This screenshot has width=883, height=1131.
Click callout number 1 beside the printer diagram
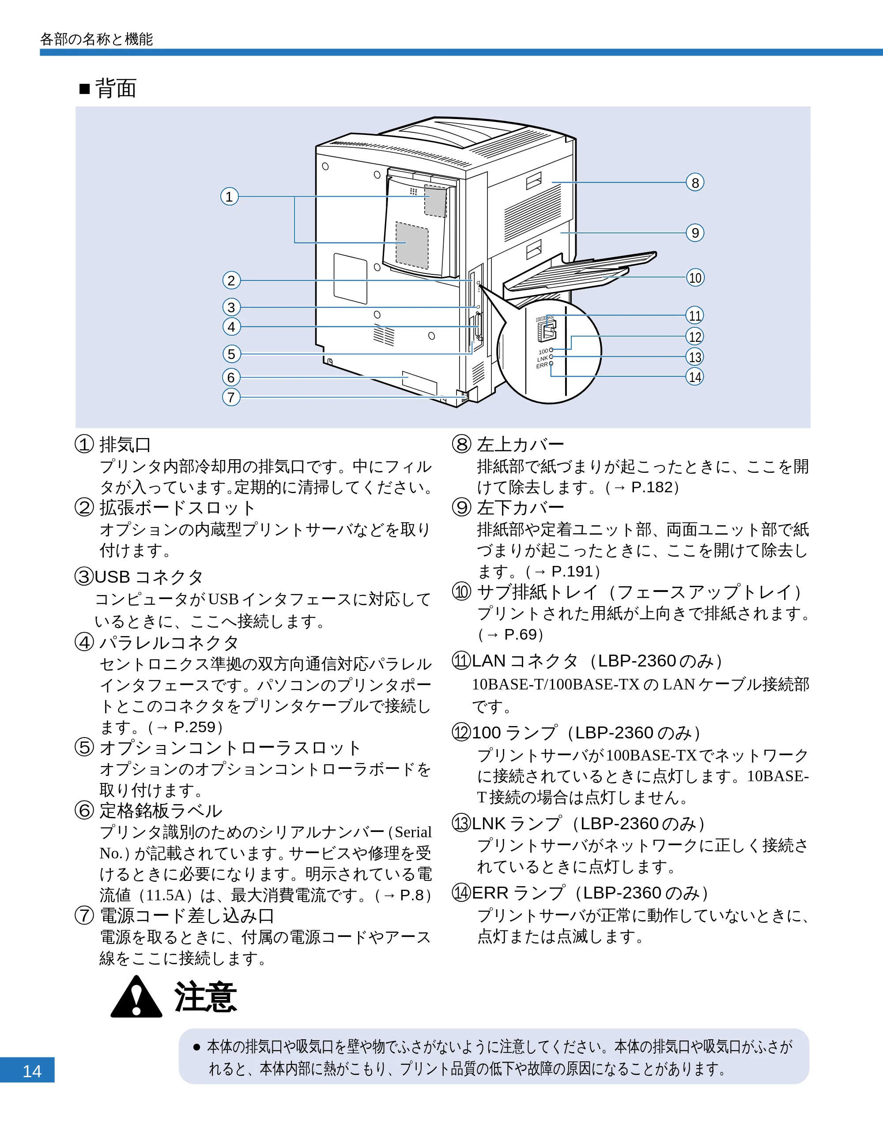coord(230,197)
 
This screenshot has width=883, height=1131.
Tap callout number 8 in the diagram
coord(695,182)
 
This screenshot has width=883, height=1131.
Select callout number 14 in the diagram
coord(695,376)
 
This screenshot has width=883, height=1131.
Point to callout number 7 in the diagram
coord(231,397)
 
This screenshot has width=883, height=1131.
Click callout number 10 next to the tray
coord(695,277)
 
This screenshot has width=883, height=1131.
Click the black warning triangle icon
coord(136,996)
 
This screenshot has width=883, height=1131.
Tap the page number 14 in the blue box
coord(32,1071)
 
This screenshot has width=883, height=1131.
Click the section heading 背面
coord(116,89)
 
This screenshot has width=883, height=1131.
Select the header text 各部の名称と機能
coord(96,39)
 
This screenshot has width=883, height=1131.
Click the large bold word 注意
coord(206,997)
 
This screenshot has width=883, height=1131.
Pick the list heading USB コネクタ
coord(148,577)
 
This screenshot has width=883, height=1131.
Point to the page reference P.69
coord(520,634)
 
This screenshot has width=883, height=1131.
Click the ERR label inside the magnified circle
coord(542,365)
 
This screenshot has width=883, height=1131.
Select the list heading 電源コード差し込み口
coord(187,916)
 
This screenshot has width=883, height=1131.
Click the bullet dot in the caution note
coord(196,1047)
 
